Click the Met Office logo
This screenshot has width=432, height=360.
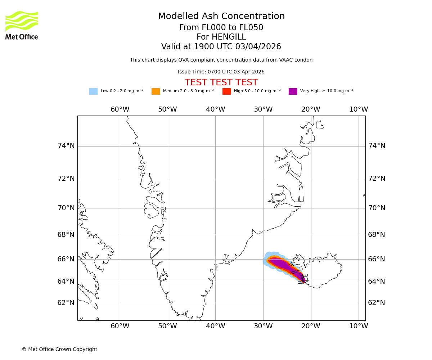click(22, 25)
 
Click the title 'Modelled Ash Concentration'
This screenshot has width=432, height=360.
click(221, 17)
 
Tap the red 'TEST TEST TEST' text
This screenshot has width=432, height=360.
click(221, 83)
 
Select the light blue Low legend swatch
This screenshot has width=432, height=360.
click(93, 91)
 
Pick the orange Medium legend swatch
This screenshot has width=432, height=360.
click(156, 91)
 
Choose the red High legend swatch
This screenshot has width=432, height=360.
click(226, 91)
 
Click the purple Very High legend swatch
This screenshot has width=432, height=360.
click(293, 91)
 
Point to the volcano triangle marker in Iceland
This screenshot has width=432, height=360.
click(305, 278)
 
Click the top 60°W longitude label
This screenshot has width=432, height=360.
click(120, 109)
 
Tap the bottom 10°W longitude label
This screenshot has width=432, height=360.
click(359, 326)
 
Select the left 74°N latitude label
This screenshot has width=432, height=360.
click(66, 146)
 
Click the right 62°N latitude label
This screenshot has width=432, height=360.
click(377, 303)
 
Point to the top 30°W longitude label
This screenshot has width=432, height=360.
click(263, 109)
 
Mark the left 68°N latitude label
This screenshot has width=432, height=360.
click(66, 235)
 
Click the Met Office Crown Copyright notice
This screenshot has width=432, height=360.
click(59, 350)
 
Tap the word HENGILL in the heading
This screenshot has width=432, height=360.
click(228, 37)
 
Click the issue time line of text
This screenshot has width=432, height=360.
click(221, 72)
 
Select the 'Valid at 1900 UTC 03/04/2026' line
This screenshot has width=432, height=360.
click(221, 47)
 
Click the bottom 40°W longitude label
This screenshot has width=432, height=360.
click(215, 326)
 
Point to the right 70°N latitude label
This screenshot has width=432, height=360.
click(377, 208)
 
